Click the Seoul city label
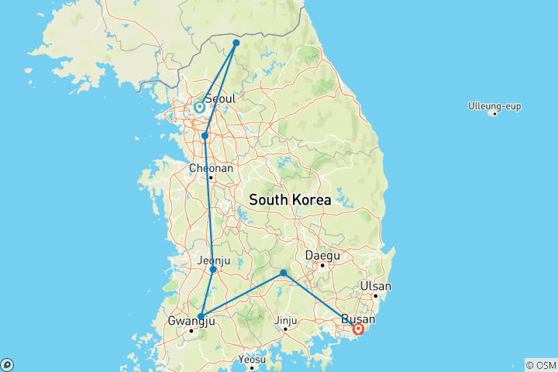point(221,99)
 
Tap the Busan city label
point(358,319)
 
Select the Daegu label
point(322,255)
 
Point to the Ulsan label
point(376,286)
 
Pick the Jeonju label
point(215,260)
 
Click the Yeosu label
point(253,360)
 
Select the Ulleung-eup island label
point(493,105)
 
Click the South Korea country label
point(290,200)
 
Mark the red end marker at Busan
point(358,329)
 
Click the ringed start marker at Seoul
point(199,108)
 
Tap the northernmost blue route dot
point(236,43)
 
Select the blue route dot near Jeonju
point(213,270)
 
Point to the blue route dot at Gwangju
point(201,316)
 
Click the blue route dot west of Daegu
point(284,273)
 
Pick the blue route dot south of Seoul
point(205,136)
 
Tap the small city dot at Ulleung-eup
point(494,114)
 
